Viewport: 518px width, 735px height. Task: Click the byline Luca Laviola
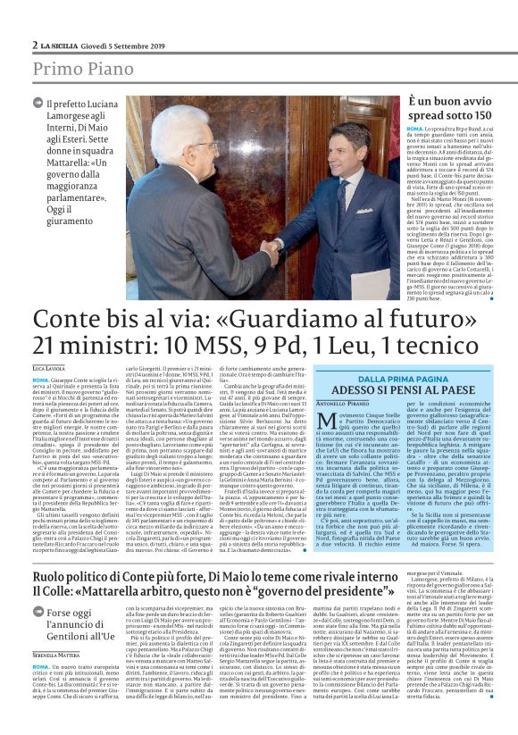click(x=51, y=368)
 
